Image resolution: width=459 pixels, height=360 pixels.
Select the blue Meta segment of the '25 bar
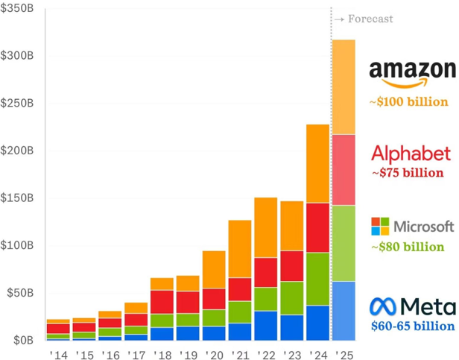click(344, 310)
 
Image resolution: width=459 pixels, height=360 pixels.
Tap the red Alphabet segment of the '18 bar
click(162, 302)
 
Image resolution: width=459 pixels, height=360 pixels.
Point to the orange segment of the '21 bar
click(239, 249)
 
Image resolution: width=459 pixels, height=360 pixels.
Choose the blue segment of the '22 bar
click(265, 325)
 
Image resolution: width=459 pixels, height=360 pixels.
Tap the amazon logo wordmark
click(412, 71)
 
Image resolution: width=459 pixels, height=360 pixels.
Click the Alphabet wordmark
click(411, 154)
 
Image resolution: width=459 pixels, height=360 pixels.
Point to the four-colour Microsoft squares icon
click(380, 226)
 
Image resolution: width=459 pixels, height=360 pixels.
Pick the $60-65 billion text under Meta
click(412, 326)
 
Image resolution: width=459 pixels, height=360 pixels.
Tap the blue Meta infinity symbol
click(383, 306)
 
